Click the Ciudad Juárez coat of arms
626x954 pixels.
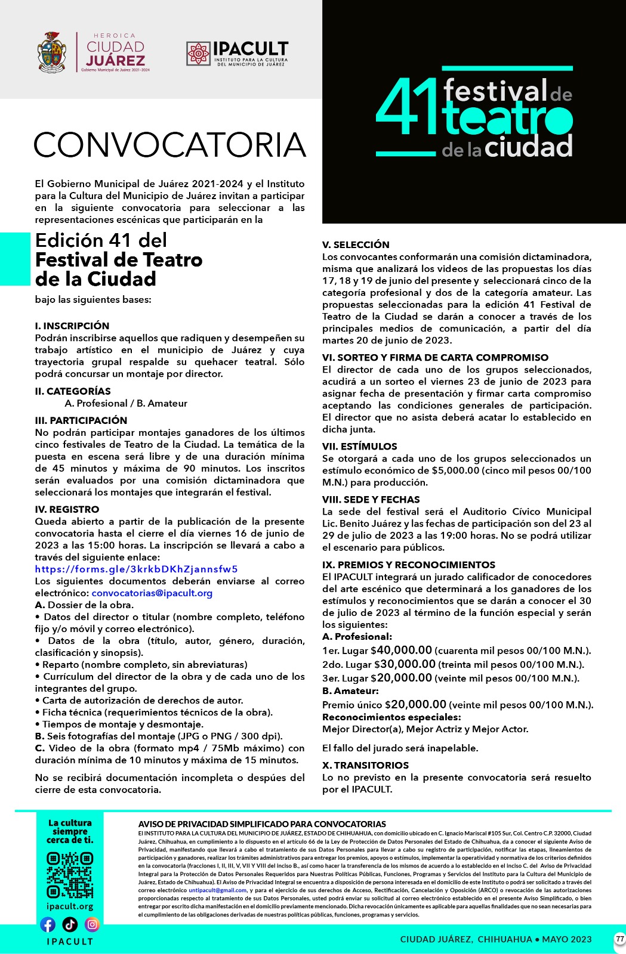[52, 52]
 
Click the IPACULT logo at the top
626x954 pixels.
[237, 53]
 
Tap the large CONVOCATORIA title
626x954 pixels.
[170, 145]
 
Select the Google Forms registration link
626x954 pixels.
[136, 569]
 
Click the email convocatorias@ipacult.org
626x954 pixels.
[152, 593]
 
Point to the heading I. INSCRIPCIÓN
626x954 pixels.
[72, 326]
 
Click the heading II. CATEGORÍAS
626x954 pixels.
[73, 391]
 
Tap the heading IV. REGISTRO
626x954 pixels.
[67, 509]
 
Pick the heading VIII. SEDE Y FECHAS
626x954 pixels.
[371, 499]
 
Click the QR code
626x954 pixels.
[70, 875]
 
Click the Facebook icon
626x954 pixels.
[48, 924]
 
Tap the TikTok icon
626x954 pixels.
[70, 924]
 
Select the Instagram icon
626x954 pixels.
[92, 924]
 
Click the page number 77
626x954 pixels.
[619, 939]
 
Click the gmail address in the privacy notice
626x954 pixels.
[217, 890]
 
